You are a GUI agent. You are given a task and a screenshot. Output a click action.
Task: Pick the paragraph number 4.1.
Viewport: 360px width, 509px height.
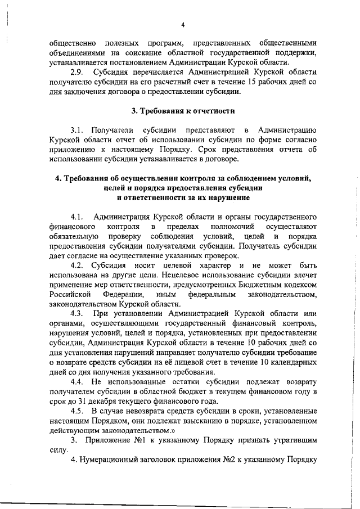(x=78, y=217)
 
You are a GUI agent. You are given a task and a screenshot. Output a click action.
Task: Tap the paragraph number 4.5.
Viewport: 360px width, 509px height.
(x=78, y=411)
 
